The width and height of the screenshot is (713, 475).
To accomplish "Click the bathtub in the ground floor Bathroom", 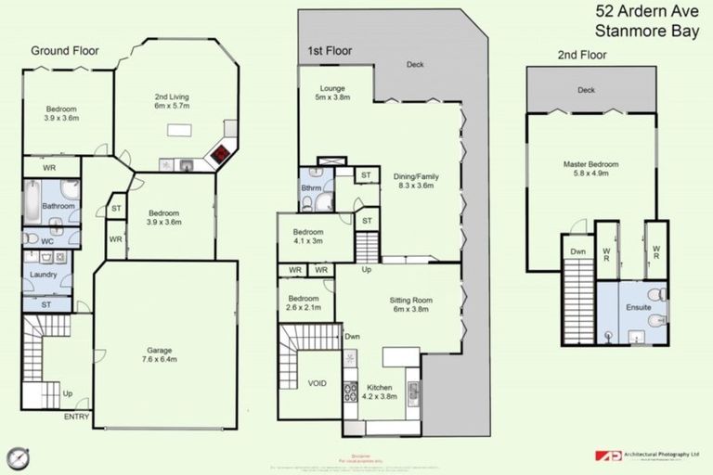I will pos(32,198).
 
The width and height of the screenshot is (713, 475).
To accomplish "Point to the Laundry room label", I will pos(44,275).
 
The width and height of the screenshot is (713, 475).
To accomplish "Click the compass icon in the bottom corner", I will pos(19,457).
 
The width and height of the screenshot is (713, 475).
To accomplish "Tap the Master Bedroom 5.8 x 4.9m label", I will pos(590,169).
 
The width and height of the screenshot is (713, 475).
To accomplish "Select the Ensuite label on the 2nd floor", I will pos(639,307).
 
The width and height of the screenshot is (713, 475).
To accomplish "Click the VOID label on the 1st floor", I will pos(317,382).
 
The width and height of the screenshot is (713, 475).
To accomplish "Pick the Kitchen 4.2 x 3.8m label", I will pos(378,391).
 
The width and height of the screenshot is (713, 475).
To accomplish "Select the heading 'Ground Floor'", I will pos(65,50).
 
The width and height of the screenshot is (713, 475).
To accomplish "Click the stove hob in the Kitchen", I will pos(351,392).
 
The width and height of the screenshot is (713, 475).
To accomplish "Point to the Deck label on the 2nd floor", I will pos(585,91).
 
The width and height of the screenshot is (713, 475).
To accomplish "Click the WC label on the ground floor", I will pos(33,239).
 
